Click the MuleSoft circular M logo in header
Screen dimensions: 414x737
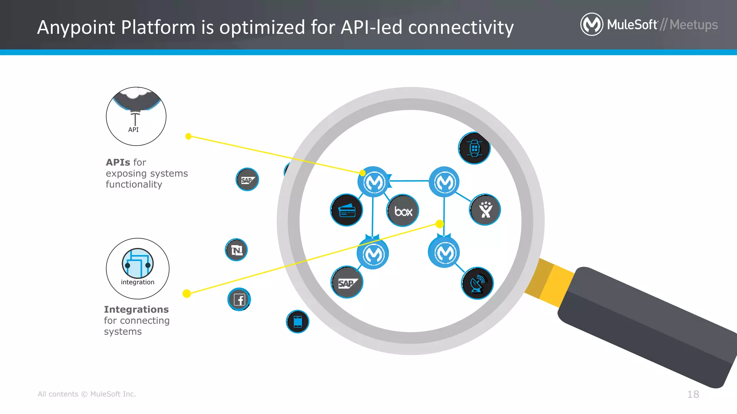pos(591,24)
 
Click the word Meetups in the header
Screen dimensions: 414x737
pos(693,25)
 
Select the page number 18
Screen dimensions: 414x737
pos(693,394)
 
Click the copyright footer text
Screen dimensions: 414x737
pos(87,394)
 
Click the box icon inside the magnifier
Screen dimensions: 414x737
pos(403,211)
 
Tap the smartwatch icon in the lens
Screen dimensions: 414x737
pos(474,148)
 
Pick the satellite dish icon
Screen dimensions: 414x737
pos(477,284)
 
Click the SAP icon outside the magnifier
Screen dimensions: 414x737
pos(247,180)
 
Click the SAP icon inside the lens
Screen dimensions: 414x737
pos(347,283)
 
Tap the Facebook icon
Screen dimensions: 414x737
pos(239,299)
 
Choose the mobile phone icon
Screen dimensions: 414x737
pos(298,322)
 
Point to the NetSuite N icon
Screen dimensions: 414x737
pos(236,250)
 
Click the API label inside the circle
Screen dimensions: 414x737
pos(134,130)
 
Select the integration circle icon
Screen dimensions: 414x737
pos(137,263)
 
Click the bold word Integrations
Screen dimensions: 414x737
pos(136,309)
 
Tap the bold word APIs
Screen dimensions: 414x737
pos(118,162)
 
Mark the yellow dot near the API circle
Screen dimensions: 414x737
pos(188,136)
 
